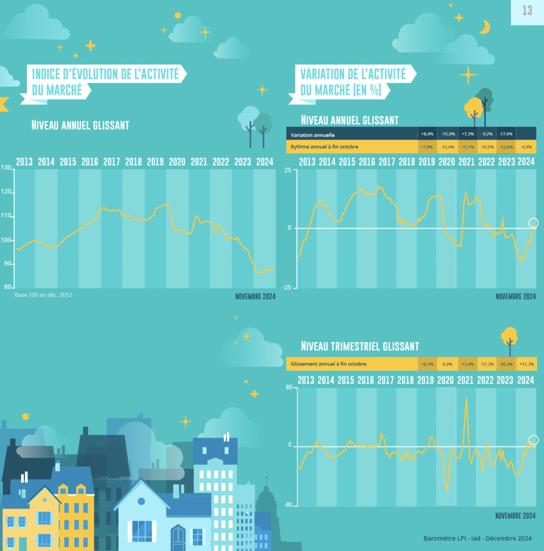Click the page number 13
pyautogui.click(x=527, y=11)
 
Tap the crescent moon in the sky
pyautogui.click(x=485, y=27)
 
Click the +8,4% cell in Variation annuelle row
pyautogui.click(x=427, y=134)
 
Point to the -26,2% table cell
pyautogui.click(x=506, y=364)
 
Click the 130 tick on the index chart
pyautogui.click(x=6, y=168)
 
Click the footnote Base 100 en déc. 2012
pyautogui.click(x=40, y=295)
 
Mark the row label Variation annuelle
pyautogui.click(x=313, y=135)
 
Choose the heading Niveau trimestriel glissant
pyautogui.click(x=359, y=346)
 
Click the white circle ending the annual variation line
pyautogui.click(x=533, y=223)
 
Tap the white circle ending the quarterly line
pyautogui.click(x=533, y=440)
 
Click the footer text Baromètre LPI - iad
pyautogui.click(x=477, y=538)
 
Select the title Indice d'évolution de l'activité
pyautogui.click(x=105, y=74)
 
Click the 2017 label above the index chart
pyautogui.click(x=111, y=161)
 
